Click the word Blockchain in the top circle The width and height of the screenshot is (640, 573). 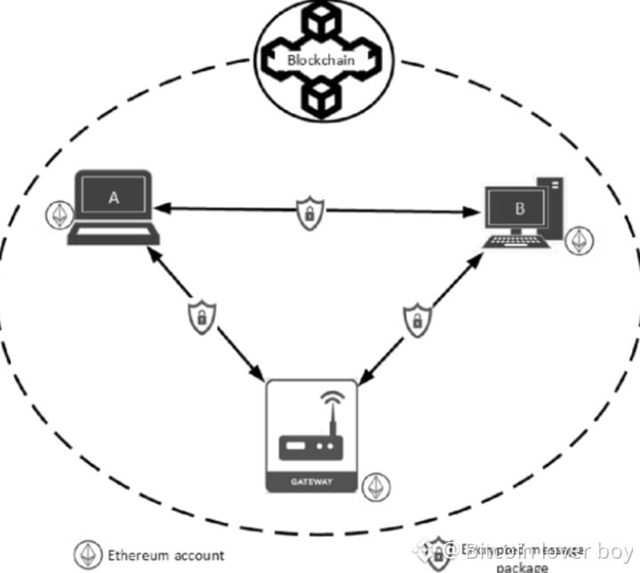click(x=319, y=61)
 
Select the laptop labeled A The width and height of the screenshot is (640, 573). click(x=113, y=208)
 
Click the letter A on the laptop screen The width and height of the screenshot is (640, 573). click(x=113, y=198)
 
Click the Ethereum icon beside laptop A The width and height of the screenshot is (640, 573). click(x=60, y=215)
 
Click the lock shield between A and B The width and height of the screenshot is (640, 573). click(x=309, y=214)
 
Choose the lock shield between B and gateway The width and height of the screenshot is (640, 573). click(x=415, y=321)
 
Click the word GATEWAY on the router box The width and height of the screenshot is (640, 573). click(x=311, y=481)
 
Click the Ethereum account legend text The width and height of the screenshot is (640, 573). click(x=165, y=554)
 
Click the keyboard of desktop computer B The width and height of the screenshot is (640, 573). click(x=514, y=242)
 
